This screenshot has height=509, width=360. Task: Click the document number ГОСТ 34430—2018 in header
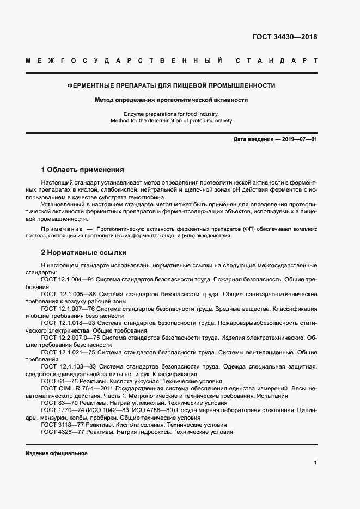click(x=284, y=37)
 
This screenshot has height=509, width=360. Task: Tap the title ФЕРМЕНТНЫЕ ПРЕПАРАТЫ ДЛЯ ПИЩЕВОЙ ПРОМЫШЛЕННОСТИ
click(x=171, y=86)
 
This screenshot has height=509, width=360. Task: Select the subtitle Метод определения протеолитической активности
click(x=171, y=100)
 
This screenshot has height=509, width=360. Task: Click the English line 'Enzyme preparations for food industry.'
click(x=171, y=114)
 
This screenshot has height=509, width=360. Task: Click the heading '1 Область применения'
click(x=83, y=170)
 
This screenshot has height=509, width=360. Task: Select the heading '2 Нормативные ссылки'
click(x=84, y=253)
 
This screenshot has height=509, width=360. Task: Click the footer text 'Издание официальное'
click(x=57, y=453)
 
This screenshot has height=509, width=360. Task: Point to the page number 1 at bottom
click(x=315, y=462)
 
